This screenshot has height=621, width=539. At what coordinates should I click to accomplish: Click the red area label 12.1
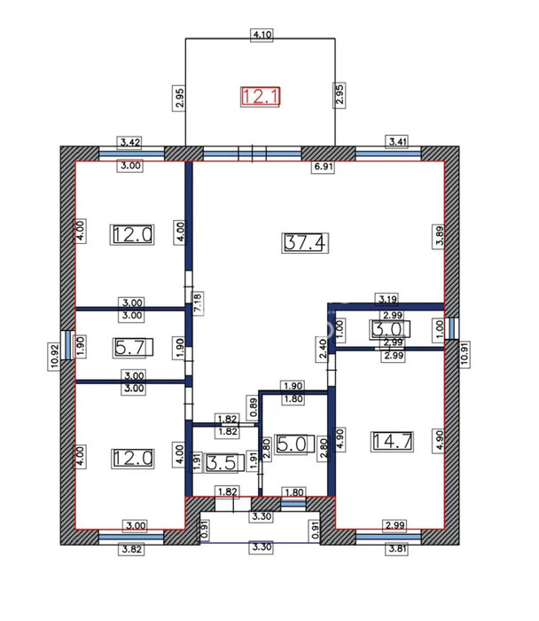pyautogui.click(x=261, y=97)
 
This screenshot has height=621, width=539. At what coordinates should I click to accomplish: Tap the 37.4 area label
pyautogui.click(x=305, y=243)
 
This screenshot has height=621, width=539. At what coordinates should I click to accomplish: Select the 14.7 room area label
pyautogui.click(x=393, y=441)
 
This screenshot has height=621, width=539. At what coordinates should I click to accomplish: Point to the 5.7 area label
pyautogui.click(x=133, y=348)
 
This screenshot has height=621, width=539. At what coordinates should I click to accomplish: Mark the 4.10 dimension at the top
pyautogui.click(x=262, y=35)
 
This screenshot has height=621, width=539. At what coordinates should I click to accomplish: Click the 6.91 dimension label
pyautogui.click(x=324, y=167)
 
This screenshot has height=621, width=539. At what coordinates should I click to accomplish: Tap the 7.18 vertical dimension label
pyautogui.click(x=198, y=303)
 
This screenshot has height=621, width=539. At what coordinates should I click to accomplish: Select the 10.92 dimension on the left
pyautogui.click(x=55, y=356)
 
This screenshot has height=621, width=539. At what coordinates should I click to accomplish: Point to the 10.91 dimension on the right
pyautogui.click(x=465, y=354)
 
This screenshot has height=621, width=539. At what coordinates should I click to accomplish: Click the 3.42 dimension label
pyautogui.click(x=129, y=142)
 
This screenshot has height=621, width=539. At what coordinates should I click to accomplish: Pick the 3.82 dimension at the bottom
pyautogui.click(x=132, y=549)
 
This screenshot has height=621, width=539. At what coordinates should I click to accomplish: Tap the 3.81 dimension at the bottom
pyautogui.click(x=397, y=549)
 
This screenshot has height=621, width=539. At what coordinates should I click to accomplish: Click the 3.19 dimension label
pyautogui.click(x=387, y=299)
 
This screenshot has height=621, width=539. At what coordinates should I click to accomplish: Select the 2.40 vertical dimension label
pyautogui.click(x=323, y=349)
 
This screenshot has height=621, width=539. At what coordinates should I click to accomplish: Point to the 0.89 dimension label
pyautogui.click(x=254, y=407)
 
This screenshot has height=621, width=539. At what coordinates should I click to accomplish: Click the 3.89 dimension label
pyautogui.click(x=440, y=237)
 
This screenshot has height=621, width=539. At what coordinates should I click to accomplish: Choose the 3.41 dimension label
pyautogui.click(x=397, y=141)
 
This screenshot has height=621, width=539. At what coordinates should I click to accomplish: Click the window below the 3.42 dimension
pyautogui.click(x=131, y=153)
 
